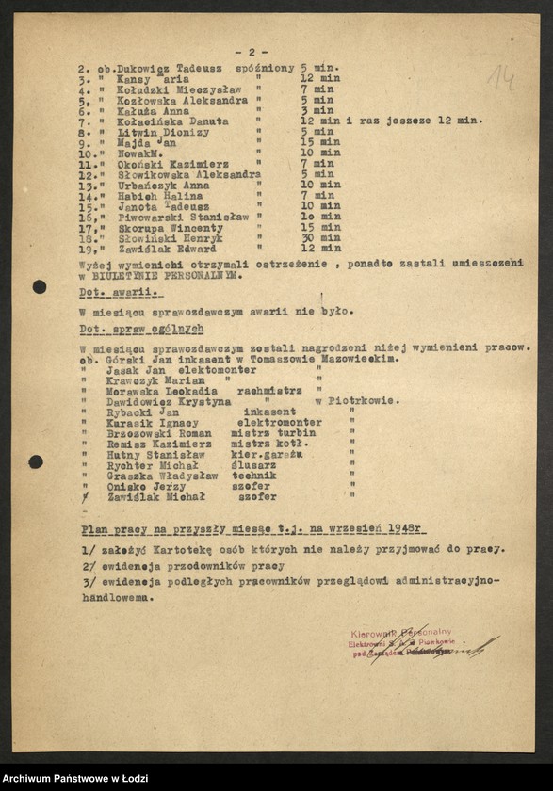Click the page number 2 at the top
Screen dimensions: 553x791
click(x=252, y=52)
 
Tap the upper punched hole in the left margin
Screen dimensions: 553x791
click(x=39, y=286)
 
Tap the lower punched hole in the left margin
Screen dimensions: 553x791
click(x=36, y=461)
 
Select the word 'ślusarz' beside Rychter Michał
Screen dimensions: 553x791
click(x=259, y=466)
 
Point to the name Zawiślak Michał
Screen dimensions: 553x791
click(x=150, y=497)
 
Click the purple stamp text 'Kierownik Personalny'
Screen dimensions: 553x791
click(x=399, y=633)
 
